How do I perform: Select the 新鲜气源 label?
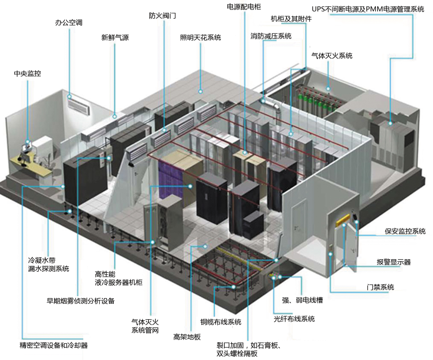tap(115, 37)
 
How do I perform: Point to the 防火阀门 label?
tap(162, 15)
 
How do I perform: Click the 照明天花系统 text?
tap(200, 37)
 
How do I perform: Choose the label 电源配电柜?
tap(243, 7)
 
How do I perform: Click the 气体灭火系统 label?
tap(332, 56)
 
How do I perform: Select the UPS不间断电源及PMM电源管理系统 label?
tap(368, 9)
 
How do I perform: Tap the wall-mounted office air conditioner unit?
tap(78, 105)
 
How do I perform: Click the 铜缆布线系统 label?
tap(221, 322)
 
